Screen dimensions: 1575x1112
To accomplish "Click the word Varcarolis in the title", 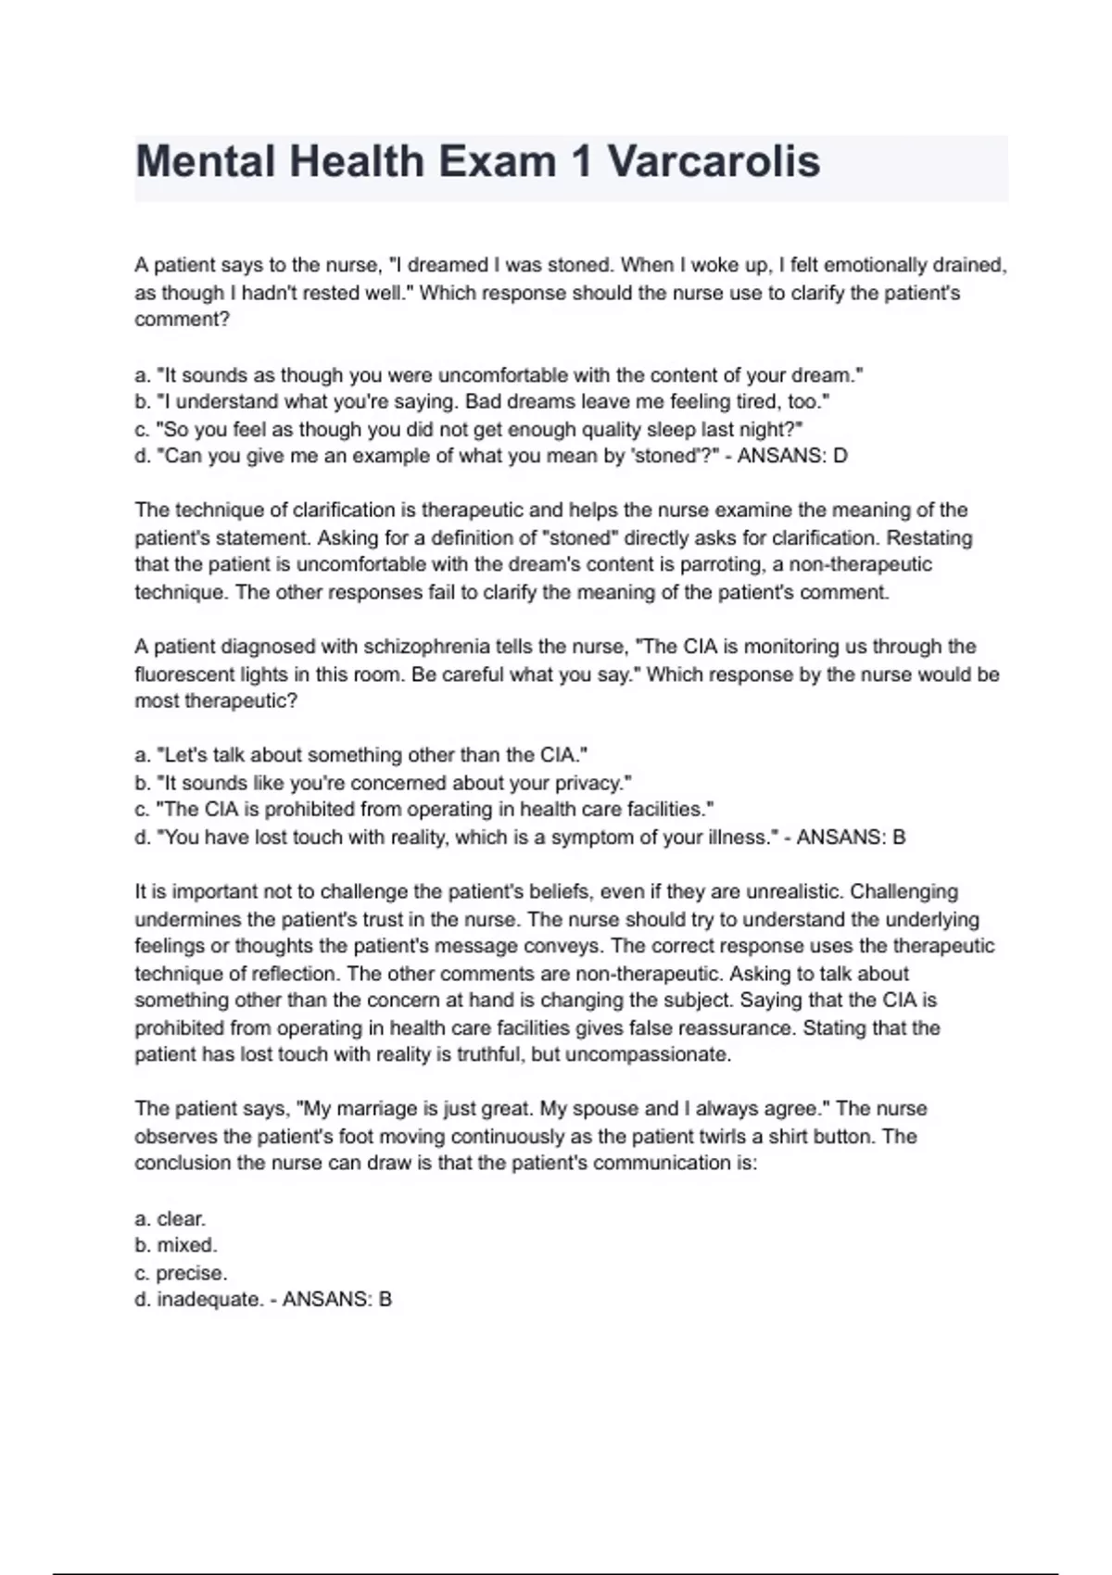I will coord(714,162).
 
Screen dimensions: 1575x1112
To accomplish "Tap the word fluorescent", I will coord(196,674).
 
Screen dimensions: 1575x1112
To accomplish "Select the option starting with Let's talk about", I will coord(361,755).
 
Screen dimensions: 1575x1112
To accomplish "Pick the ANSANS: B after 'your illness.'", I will coord(851,838).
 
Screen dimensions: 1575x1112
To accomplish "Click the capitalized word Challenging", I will coord(903,891).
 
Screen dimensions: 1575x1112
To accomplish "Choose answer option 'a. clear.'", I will coord(171,1219).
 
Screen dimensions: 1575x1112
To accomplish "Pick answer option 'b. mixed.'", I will coord(176,1246).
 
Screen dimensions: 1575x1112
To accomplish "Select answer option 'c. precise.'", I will coord(181,1274).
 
